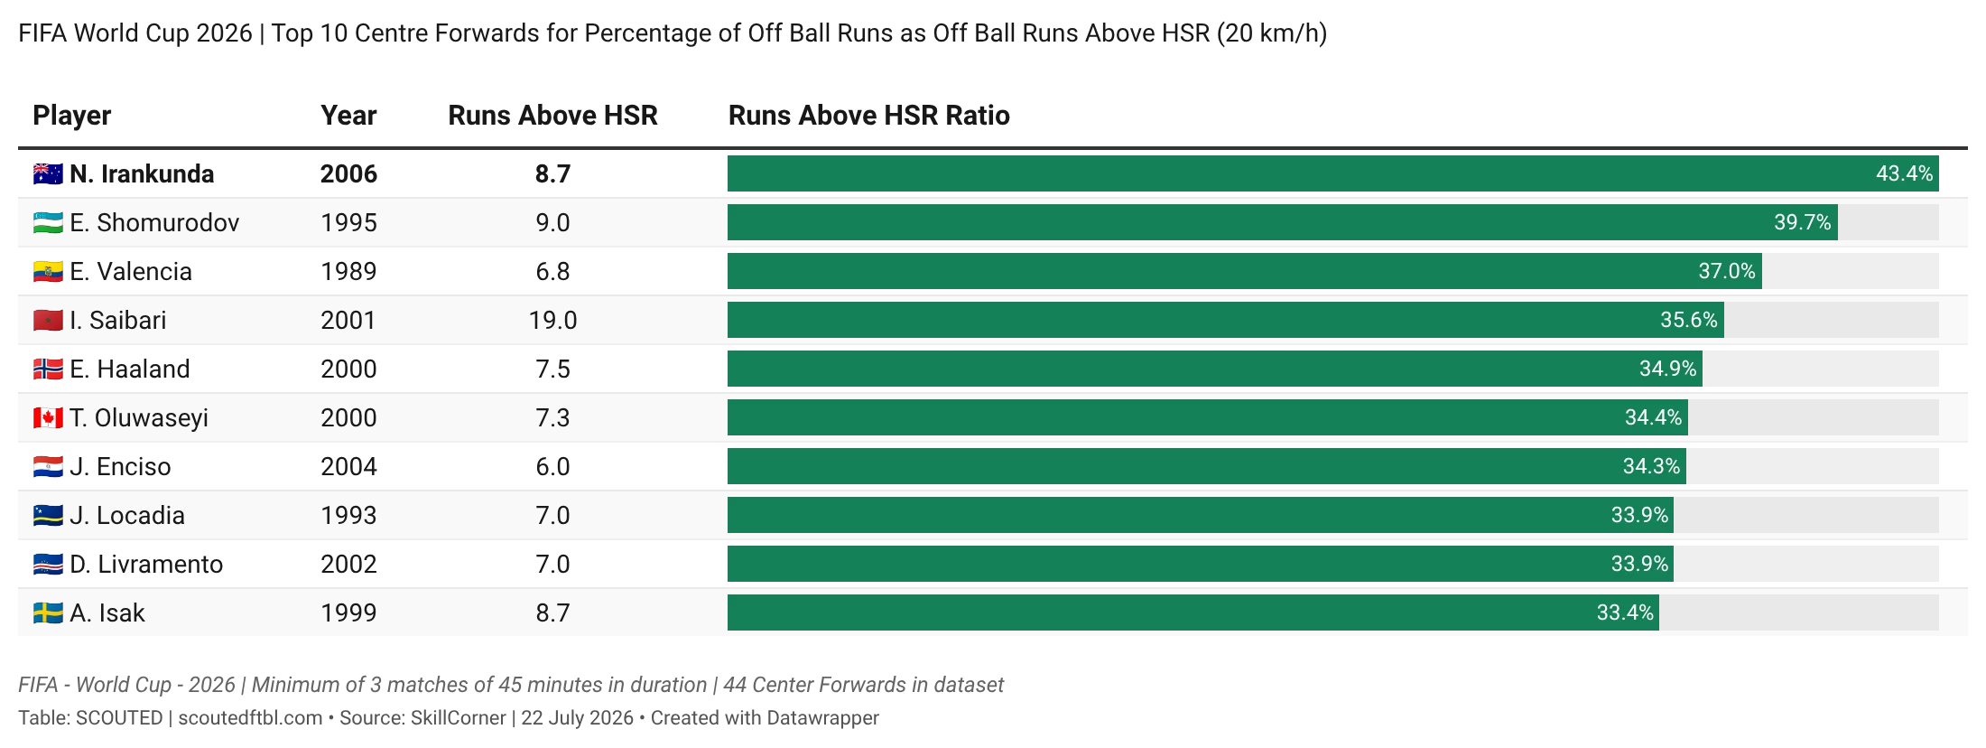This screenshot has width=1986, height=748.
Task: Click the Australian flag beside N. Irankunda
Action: (x=48, y=174)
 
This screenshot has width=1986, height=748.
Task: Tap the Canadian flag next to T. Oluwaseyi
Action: (x=48, y=418)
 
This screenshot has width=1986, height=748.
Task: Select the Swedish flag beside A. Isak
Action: (x=48, y=613)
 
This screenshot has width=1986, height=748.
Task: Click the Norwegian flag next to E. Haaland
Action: (x=48, y=369)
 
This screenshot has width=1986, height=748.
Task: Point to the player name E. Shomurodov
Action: (x=154, y=223)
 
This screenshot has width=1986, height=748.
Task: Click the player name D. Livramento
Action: (x=146, y=565)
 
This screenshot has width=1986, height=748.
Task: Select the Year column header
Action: (x=348, y=116)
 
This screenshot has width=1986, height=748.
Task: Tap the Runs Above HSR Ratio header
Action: (x=868, y=116)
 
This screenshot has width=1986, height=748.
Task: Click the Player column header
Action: (x=72, y=116)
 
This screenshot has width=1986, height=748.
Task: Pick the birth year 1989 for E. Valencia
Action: (x=348, y=272)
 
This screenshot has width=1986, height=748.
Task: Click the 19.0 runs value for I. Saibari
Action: (x=552, y=321)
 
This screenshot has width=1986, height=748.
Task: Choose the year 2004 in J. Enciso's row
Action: (x=348, y=467)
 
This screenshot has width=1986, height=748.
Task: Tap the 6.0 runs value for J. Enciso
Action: (x=552, y=467)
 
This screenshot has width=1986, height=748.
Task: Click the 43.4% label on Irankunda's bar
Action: (x=1904, y=173)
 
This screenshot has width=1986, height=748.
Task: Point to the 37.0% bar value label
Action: (x=1727, y=271)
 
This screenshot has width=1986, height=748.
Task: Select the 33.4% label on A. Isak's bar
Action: (x=1625, y=612)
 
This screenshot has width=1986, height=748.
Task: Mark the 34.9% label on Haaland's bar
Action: (x=1668, y=369)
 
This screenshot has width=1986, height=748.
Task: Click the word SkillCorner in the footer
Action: (x=459, y=718)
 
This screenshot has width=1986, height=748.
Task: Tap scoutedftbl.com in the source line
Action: (x=250, y=718)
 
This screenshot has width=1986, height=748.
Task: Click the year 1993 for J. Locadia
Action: (x=348, y=516)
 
